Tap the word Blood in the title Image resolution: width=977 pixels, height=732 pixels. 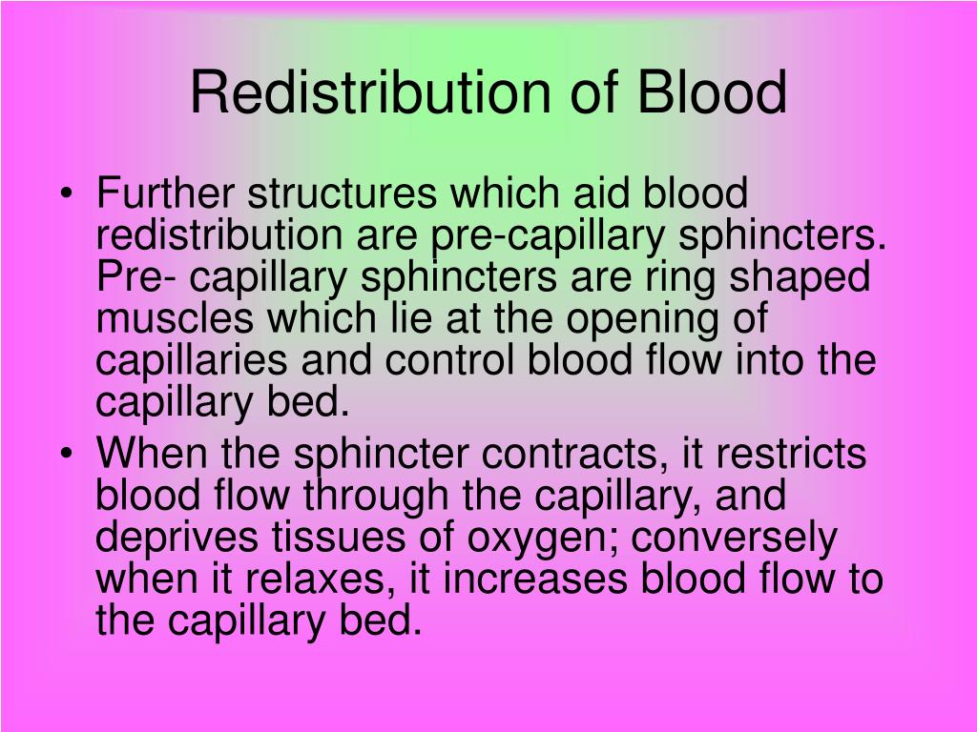(714, 92)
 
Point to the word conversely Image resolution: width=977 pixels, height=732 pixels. (734, 539)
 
